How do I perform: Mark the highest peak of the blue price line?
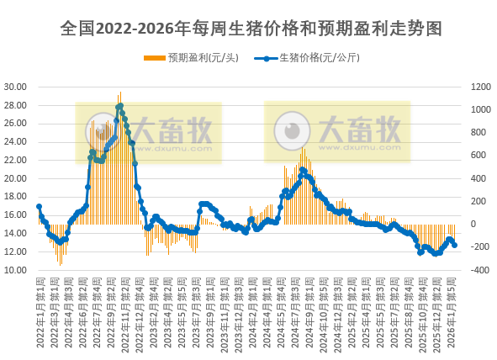(x=120, y=106)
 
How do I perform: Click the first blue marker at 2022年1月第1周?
(x=39, y=206)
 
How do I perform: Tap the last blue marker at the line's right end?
(x=454, y=245)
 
